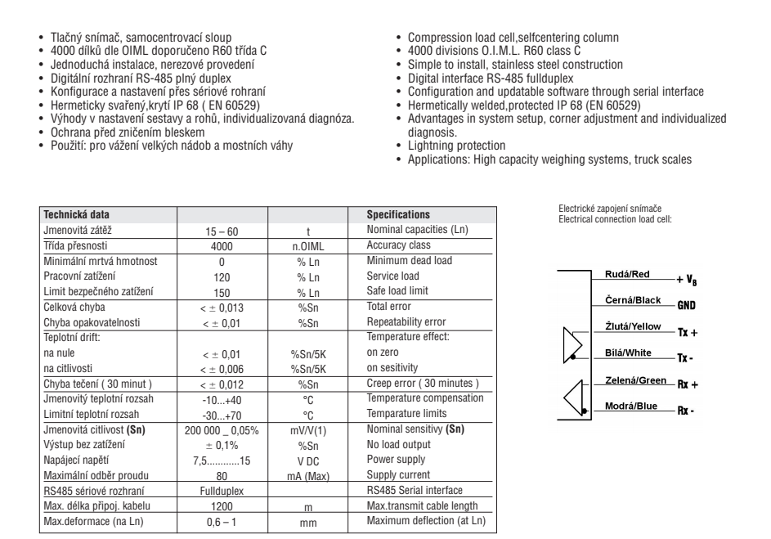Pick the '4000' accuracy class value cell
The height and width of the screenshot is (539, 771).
click(x=222, y=246)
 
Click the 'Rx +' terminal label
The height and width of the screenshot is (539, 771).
click(x=688, y=385)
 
